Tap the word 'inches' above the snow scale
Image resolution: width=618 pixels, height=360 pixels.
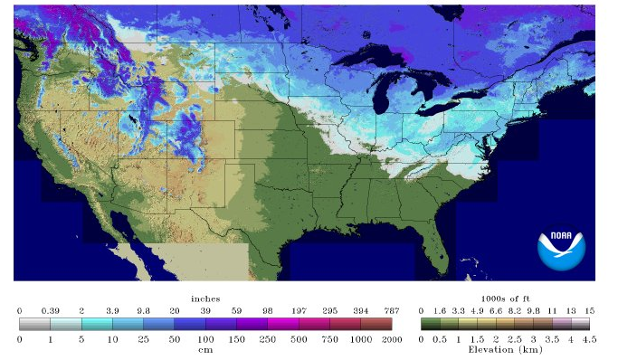click(x=205, y=298)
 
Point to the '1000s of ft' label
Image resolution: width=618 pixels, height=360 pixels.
click(x=504, y=298)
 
